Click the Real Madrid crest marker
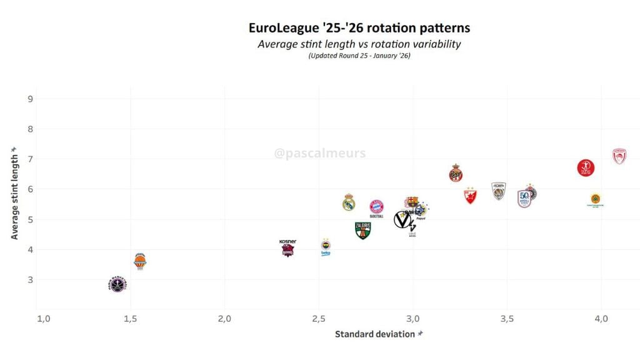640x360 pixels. (349, 202)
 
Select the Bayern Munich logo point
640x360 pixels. (376, 207)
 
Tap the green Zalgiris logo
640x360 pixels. (362, 230)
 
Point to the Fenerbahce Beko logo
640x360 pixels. (326, 246)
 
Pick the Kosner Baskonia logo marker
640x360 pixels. (287, 249)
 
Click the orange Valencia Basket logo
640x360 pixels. (140, 261)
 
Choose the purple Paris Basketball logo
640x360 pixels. (117, 285)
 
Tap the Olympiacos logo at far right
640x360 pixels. (619, 156)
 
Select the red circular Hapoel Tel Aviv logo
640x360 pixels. (586, 167)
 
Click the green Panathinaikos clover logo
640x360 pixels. (596, 199)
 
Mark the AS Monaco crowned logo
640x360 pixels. (456, 174)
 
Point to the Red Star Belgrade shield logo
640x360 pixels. (470, 196)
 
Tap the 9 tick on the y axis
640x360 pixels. (30, 99)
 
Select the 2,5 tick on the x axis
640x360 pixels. (319, 319)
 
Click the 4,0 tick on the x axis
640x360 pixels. (601, 319)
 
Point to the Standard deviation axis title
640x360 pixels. (374, 334)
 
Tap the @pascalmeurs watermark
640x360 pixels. (320, 153)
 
